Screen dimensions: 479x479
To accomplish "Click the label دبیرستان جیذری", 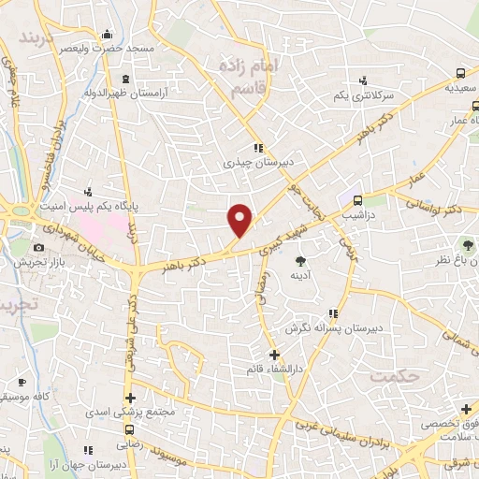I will click(x=259, y=162).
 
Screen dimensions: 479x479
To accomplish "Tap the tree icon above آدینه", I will click(x=300, y=261).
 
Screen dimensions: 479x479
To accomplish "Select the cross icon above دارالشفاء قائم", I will click(x=273, y=354).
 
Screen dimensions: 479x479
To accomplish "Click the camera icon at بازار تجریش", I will click(x=38, y=247).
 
